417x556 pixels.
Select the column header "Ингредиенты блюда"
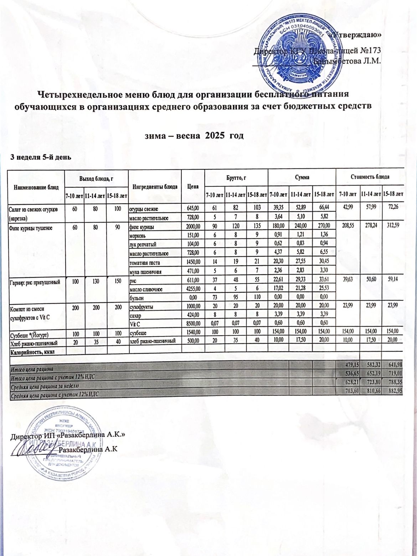coord(155,187)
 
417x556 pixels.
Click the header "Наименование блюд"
coord(35,187)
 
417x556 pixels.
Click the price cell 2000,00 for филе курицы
coord(193,227)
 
